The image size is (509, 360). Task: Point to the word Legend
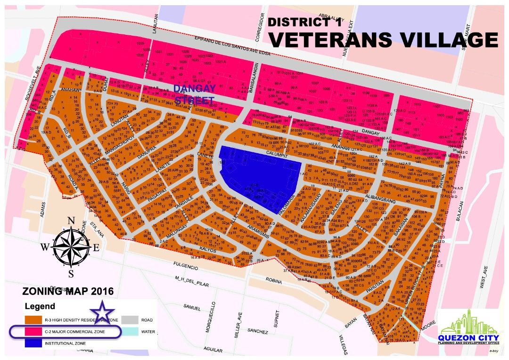pyautogui.click(x=40, y=307)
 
